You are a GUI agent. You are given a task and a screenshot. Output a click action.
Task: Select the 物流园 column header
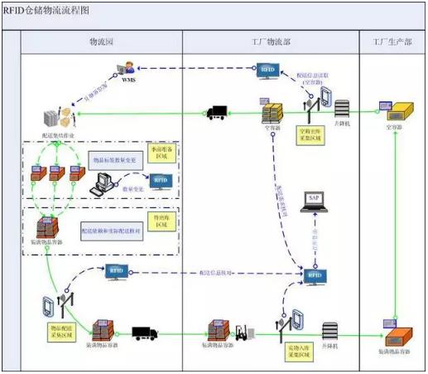pyautogui.click(x=103, y=41)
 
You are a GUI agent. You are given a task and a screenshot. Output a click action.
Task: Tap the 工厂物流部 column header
pyautogui.click(x=270, y=41)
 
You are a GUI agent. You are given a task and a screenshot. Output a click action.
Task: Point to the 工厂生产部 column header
pyautogui.click(x=392, y=41)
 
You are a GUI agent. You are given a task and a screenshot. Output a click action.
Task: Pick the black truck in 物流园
pyautogui.click(x=146, y=333)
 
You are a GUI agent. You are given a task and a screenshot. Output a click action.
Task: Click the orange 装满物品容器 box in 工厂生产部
pyautogui.click(x=397, y=336)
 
